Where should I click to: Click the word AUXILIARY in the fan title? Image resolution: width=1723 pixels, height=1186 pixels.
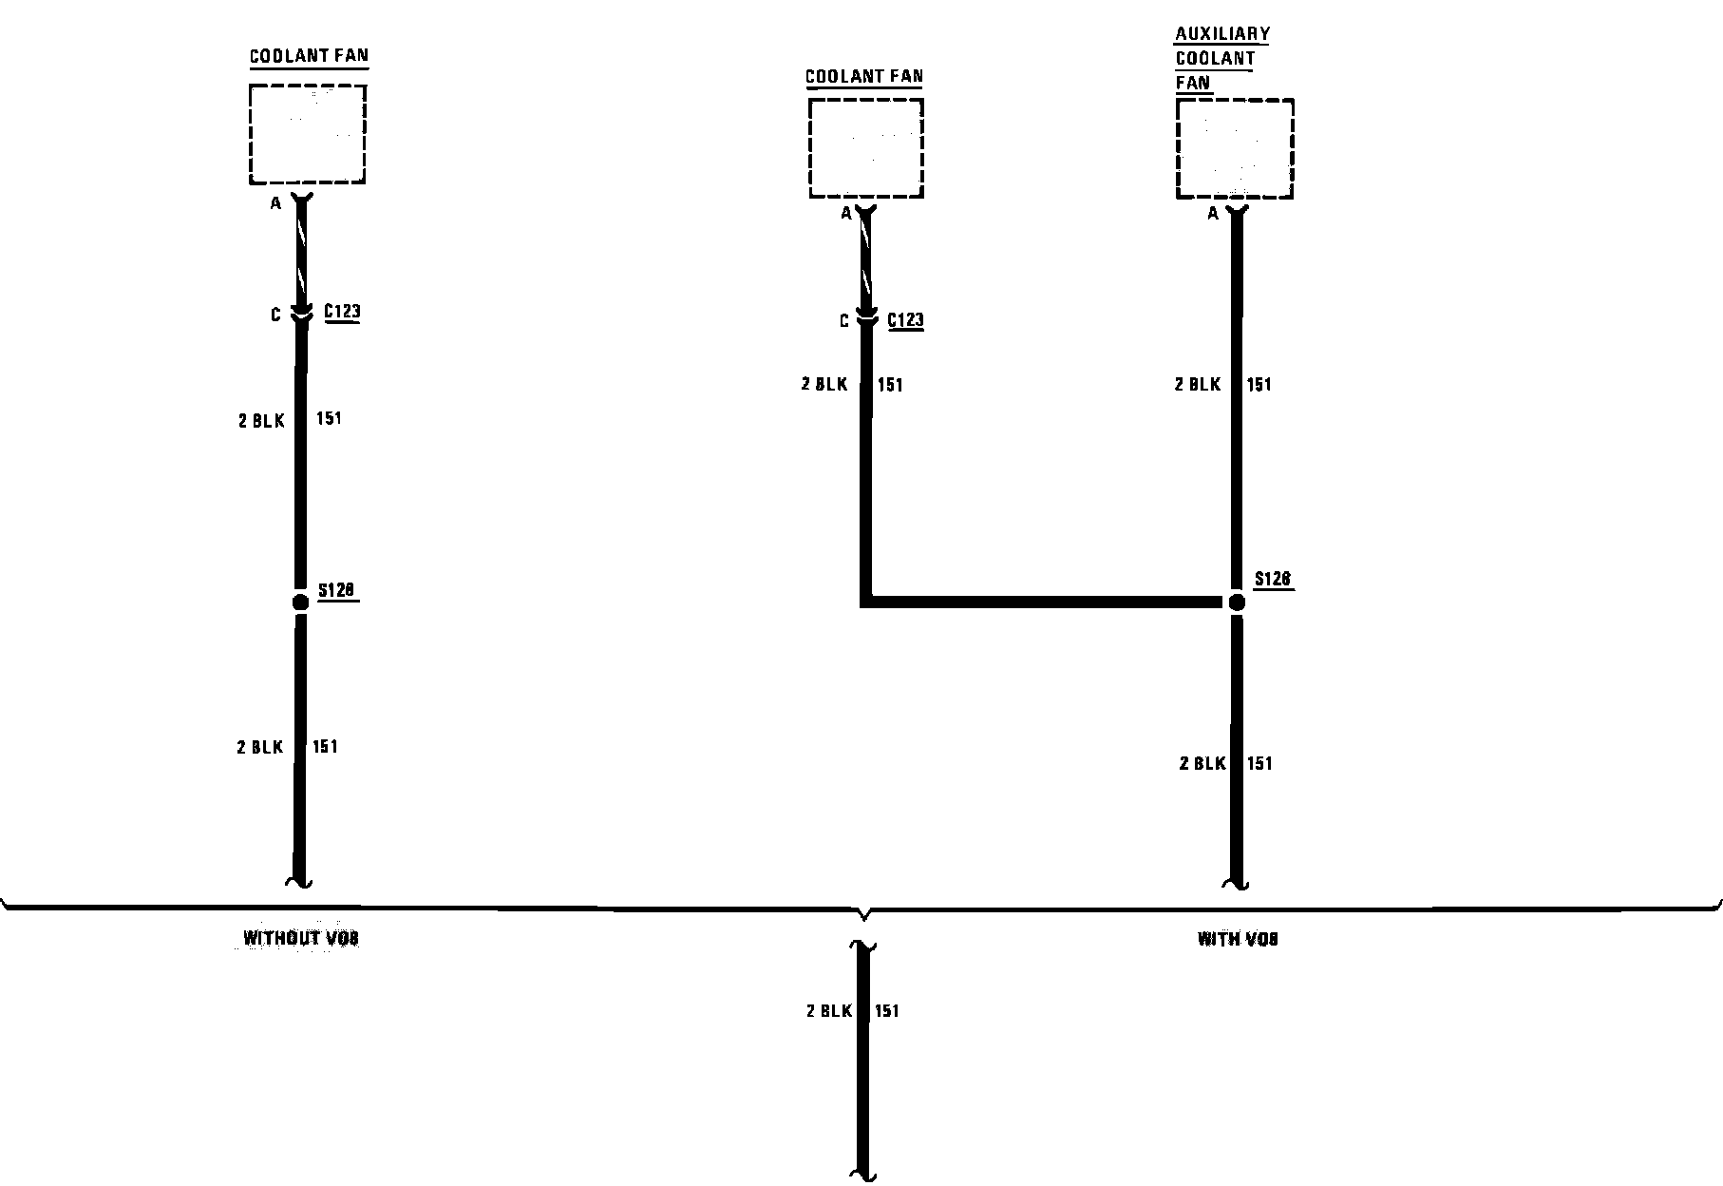point(1221,34)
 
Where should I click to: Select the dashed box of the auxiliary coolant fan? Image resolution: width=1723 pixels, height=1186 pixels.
point(1235,148)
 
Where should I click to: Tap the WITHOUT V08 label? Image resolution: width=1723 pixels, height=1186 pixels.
point(301,939)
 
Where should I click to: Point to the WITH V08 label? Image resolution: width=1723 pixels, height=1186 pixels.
point(1237,940)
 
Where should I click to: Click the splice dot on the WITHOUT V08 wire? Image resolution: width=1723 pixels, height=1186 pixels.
point(300,602)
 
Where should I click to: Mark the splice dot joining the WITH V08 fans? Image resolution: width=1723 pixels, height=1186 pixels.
point(1237,602)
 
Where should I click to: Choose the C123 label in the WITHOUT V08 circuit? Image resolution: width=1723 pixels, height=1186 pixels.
point(342,311)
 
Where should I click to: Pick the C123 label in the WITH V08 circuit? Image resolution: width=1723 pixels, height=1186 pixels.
point(905,319)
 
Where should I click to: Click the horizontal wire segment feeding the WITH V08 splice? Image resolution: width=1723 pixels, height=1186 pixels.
point(1045,602)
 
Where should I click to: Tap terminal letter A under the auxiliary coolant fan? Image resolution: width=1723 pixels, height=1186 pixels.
point(1213,215)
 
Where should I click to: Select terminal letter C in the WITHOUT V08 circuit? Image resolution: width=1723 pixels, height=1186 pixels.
point(275,315)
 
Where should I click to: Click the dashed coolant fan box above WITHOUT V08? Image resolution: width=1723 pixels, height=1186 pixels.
point(308,134)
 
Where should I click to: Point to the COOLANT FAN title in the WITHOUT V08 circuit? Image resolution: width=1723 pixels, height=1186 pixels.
point(309,56)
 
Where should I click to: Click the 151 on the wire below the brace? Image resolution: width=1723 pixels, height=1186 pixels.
point(886,1011)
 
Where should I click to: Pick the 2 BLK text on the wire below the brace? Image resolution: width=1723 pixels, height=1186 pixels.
point(829,1011)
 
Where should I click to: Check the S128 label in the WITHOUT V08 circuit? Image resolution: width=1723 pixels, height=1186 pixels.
point(336,590)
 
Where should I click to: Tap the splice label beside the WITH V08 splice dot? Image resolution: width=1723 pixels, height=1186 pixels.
point(1273,579)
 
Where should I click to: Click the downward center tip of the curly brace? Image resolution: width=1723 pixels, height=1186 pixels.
point(863,919)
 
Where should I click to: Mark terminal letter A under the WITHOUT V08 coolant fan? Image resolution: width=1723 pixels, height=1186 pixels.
point(275,203)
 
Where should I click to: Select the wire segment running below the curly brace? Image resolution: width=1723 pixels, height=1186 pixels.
point(863,1093)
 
